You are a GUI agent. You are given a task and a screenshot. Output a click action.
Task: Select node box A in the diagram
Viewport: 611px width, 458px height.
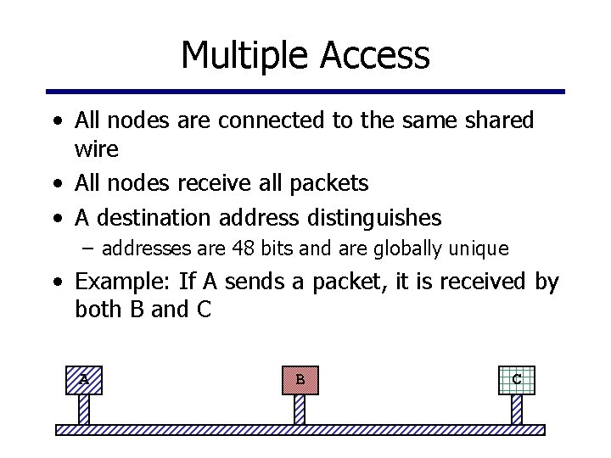point(84,379)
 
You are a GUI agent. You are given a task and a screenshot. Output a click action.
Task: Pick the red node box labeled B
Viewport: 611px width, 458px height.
point(300,379)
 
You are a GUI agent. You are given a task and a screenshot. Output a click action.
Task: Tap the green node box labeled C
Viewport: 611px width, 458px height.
point(517,379)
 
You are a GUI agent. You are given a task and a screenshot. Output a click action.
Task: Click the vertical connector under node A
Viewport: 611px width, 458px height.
point(84,410)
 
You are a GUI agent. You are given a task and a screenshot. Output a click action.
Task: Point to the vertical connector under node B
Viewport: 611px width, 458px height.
point(300,410)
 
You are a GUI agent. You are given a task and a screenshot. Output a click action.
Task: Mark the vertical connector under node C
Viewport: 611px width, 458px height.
point(517,410)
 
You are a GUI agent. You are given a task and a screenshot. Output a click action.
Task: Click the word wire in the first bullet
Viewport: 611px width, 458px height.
point(96,150)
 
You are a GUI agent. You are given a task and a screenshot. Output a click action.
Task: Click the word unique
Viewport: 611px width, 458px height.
point(482,249)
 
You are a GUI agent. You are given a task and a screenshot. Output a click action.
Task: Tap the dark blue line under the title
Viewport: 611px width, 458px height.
point(305,92)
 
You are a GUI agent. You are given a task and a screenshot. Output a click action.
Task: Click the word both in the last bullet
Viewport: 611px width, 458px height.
point(99,310)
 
